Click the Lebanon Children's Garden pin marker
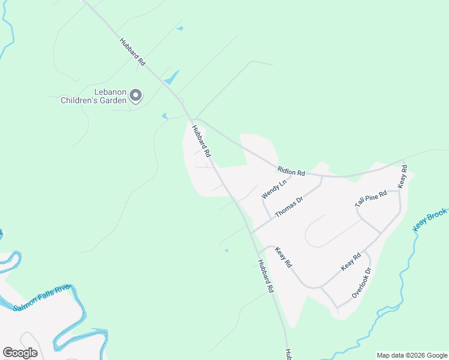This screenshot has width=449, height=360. tap(136, 95)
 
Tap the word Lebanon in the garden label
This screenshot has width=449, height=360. tap(109, 92)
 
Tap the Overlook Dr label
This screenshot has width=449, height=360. tap(362, 283)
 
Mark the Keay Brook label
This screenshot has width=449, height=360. tap(430, 220)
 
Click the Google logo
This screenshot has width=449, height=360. tap(20, 352)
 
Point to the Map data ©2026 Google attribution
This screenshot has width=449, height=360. tap(412, 355)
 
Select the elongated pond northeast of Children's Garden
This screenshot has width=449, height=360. tap(172, 77)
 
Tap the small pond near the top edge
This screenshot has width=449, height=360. tap(180, 28)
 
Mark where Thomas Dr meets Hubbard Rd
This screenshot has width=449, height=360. tap(251, 232)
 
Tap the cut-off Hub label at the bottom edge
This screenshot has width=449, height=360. tap(288, 354)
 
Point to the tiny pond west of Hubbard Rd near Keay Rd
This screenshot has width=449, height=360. tap(226, 250)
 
